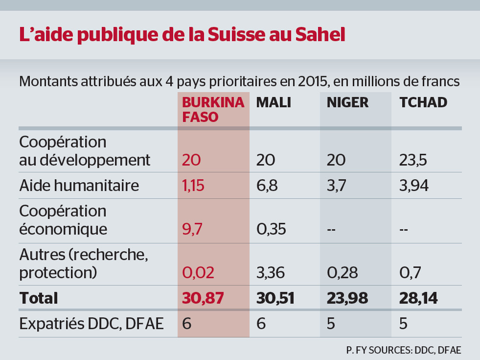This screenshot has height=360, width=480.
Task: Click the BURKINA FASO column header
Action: [x=213, y=110]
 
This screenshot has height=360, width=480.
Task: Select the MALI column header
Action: [x=274, y=102]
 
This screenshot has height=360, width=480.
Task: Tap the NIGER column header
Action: [x=347, y=102]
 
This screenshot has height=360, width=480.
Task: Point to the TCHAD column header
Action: [x=423, y=102]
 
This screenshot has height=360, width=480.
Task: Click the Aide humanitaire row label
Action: [x=79, y=185]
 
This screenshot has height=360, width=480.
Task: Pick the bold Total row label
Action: [x=38, y=298]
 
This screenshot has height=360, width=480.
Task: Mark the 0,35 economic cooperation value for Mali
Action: [x=271, y=229]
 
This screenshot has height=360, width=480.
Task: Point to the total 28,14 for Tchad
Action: [x=418, y=298]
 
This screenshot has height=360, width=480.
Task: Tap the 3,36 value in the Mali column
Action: [x=271, y=273]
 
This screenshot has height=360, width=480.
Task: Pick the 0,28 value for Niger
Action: [x=343, y=273]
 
